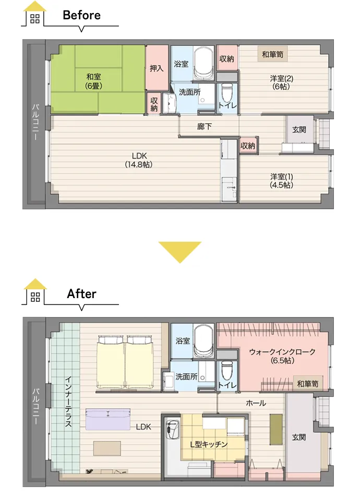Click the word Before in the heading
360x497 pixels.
coord(81,15)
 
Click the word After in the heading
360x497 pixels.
coord(81,294)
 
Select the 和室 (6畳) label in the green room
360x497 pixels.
coord(94,81)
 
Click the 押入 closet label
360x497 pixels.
coord(157,68)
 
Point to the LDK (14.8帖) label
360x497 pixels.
coord(139,160)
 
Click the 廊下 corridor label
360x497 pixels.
coord(205,127)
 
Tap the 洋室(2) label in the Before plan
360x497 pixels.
coord(281,82)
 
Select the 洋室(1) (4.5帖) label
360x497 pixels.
coord(281,181)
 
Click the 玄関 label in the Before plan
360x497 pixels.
coord(299,129)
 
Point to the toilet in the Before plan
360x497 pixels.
coord(226,92)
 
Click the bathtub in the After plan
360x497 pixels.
coord(204,341)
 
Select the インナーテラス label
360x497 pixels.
coord(68,401)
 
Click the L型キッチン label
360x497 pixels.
coord(209,444)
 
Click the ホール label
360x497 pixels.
coord(256,403)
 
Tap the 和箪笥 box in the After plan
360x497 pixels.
coord(308,384)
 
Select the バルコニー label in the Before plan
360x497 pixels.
coord(35,122)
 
